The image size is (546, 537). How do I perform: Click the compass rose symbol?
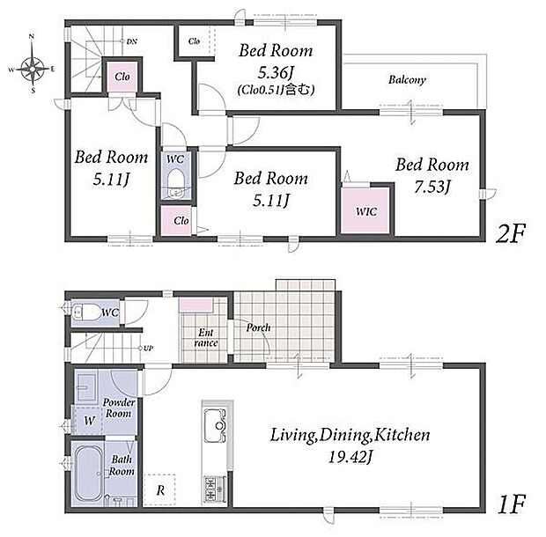pos(33,69)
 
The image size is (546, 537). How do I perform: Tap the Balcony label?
pos(407,80)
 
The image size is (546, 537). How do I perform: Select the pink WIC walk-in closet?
pos(365,210)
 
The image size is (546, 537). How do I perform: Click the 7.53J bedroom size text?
pos(432,186)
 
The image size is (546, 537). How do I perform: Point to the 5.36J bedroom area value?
pos(276,72)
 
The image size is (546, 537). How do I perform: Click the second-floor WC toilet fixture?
pos(175,183)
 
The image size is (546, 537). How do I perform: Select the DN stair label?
pos(131,41)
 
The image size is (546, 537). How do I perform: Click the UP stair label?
pos(148,348)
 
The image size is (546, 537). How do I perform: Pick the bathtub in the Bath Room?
pos(89,474)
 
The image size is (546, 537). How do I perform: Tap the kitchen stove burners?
pos(215,489)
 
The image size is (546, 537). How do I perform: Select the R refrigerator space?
pos(159,489)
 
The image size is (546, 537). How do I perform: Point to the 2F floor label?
pos(510,233)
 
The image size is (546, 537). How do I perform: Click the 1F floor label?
pos(511,504)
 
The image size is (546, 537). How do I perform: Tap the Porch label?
pos(258,327)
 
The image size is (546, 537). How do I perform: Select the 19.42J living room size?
pos(350,457)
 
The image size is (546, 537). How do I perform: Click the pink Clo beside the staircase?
pos(122,77)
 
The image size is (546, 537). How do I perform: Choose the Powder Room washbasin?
pos(85,387)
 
